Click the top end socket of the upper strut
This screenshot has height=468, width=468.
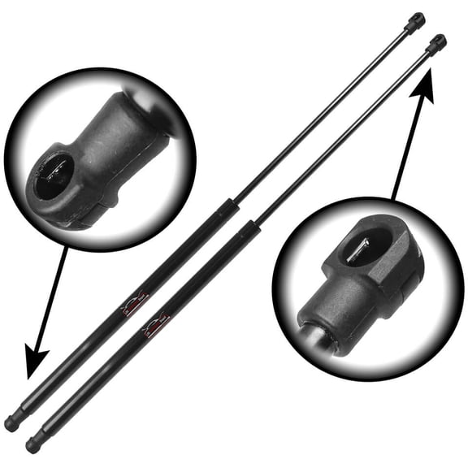coord(417,19)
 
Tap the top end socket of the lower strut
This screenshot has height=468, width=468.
coord(437,42)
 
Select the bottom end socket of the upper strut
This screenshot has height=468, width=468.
coord(13,422)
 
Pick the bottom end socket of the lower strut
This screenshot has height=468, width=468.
coord(33,444)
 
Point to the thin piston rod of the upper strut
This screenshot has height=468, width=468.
coord(325,110)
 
